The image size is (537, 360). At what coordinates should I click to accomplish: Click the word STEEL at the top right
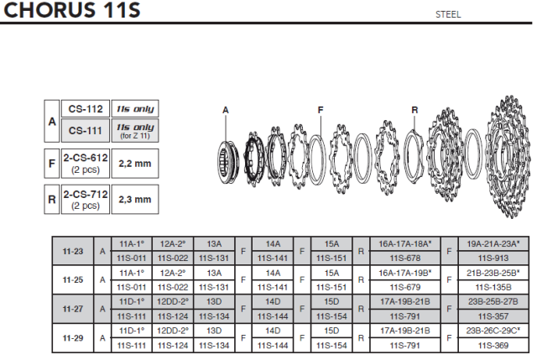448,14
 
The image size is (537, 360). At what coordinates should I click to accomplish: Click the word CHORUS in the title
50,9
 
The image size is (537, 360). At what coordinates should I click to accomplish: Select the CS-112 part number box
86,109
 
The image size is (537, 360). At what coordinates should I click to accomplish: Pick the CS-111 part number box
86,131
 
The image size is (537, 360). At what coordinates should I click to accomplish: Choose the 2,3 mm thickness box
135,200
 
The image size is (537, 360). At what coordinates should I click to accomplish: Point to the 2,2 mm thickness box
135,164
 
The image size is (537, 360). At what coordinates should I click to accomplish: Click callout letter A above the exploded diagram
226,110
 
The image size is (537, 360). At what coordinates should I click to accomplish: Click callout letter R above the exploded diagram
414,110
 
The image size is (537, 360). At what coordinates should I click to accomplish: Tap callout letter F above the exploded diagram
321,110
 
